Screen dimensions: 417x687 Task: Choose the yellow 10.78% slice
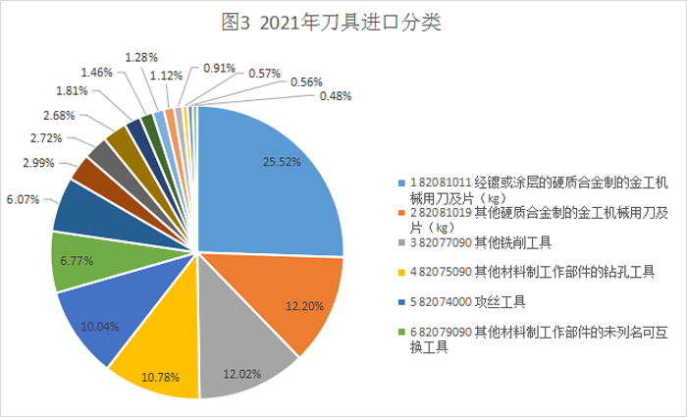[157, 353]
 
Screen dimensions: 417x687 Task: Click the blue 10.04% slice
[98, 314]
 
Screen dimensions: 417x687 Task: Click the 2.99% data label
[38, 161]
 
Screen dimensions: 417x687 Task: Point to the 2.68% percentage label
[62, 114]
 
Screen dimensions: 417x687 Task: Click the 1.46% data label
[97, 72]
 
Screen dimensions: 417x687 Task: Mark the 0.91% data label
[219, 68]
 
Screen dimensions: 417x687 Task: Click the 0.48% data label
[335, 96]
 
